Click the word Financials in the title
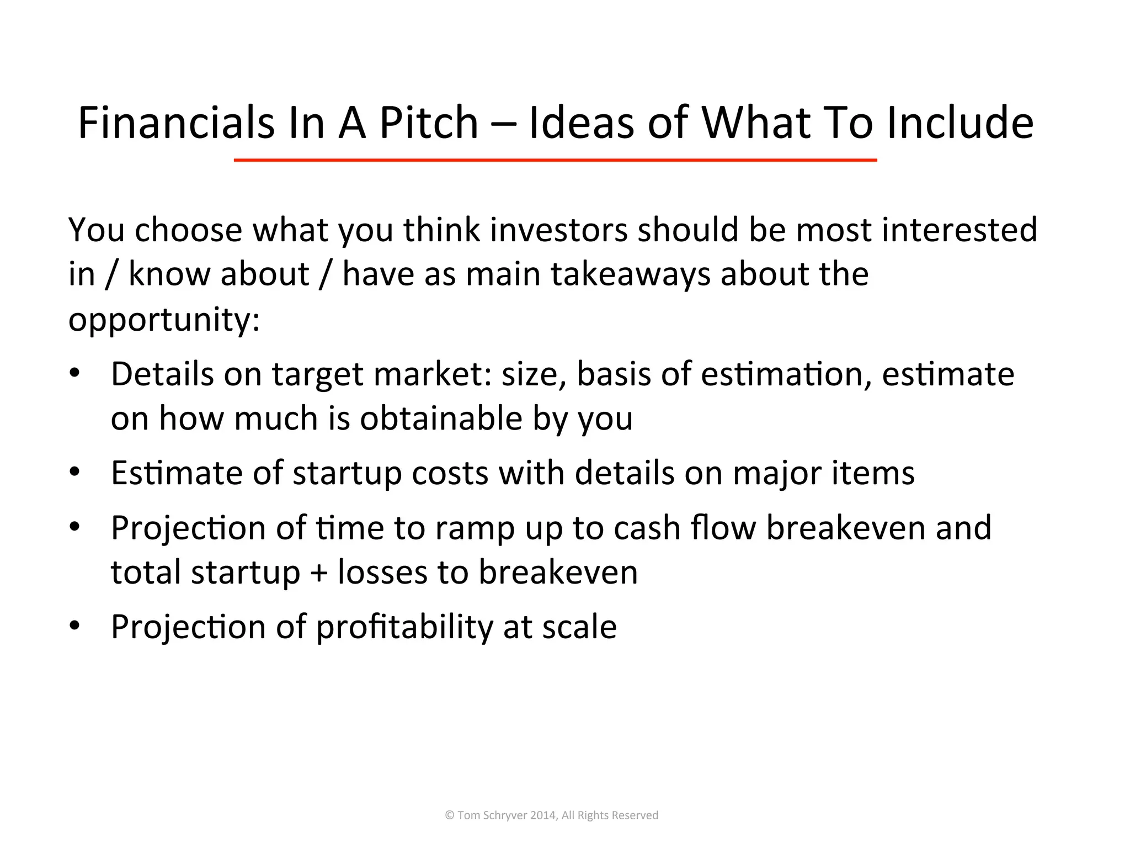(x=176, y=123)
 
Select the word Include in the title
(x=960, y=123)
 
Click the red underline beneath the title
(x=555, y=160)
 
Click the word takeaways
(x=630, y=274)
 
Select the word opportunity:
(x=164, y=320)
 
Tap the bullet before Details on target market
(x=75, y=373)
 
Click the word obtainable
(x=441, y=418)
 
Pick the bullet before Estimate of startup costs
(x=75, y=472)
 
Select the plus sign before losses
(x=319, y=573)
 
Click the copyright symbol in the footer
(x=449, y=815)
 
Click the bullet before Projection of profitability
(x=75, y=626)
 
